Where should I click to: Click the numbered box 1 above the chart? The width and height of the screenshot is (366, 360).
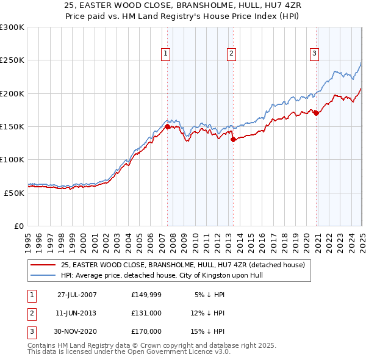166,54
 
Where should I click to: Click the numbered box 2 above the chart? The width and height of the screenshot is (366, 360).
232,54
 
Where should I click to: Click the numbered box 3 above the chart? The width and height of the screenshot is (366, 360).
315,54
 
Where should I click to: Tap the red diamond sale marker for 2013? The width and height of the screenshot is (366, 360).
233,139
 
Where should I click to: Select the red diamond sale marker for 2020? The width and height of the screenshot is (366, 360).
316,113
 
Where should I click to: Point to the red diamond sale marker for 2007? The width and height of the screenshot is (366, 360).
167,126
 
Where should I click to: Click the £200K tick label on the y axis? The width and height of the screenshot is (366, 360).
12,93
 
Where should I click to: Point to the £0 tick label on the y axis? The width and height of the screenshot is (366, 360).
19,226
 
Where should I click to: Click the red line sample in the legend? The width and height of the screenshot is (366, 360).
43,265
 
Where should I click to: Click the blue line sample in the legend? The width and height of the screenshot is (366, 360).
43,275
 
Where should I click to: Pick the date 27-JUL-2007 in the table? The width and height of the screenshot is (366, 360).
77,295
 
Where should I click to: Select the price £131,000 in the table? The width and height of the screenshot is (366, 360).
146,313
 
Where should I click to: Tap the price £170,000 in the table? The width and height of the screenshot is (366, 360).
146,331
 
